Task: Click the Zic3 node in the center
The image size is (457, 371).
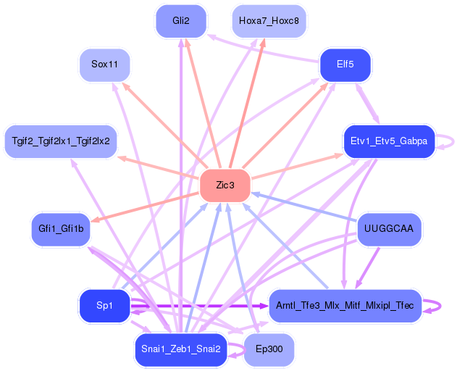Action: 225,185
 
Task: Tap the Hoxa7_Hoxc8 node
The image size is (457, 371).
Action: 269,20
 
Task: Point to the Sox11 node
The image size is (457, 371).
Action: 104,64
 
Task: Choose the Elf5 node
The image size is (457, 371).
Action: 345,64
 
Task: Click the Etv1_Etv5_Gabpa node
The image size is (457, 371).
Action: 388,141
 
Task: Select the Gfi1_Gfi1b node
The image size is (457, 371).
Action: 61,229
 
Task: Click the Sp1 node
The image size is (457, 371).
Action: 104,305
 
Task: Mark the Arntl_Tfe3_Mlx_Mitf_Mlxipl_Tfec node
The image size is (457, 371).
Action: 345,305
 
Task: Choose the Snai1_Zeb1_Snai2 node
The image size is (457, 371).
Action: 181,349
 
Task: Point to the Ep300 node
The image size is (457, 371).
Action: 269,349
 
